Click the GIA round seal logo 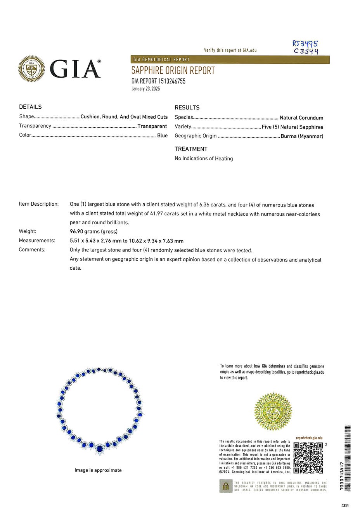pos(31,69)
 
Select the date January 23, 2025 pos(145,89)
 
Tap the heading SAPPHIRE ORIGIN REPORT pos(173,71)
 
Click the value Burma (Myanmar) pos(302,136)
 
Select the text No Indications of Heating pos(204,158)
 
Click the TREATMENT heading pos(191,149)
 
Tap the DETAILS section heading pos(30,107)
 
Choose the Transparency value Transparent pos(152,126)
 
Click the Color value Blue pos(162,135)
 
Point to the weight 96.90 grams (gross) pos(93,231)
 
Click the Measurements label pos(37,241)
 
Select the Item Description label pos(39,204)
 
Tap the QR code pos(308,458)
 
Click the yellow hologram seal pos(273,411)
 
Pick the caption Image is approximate pos(98,470)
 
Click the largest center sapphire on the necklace pos(100,449)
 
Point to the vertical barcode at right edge pos(347,458)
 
